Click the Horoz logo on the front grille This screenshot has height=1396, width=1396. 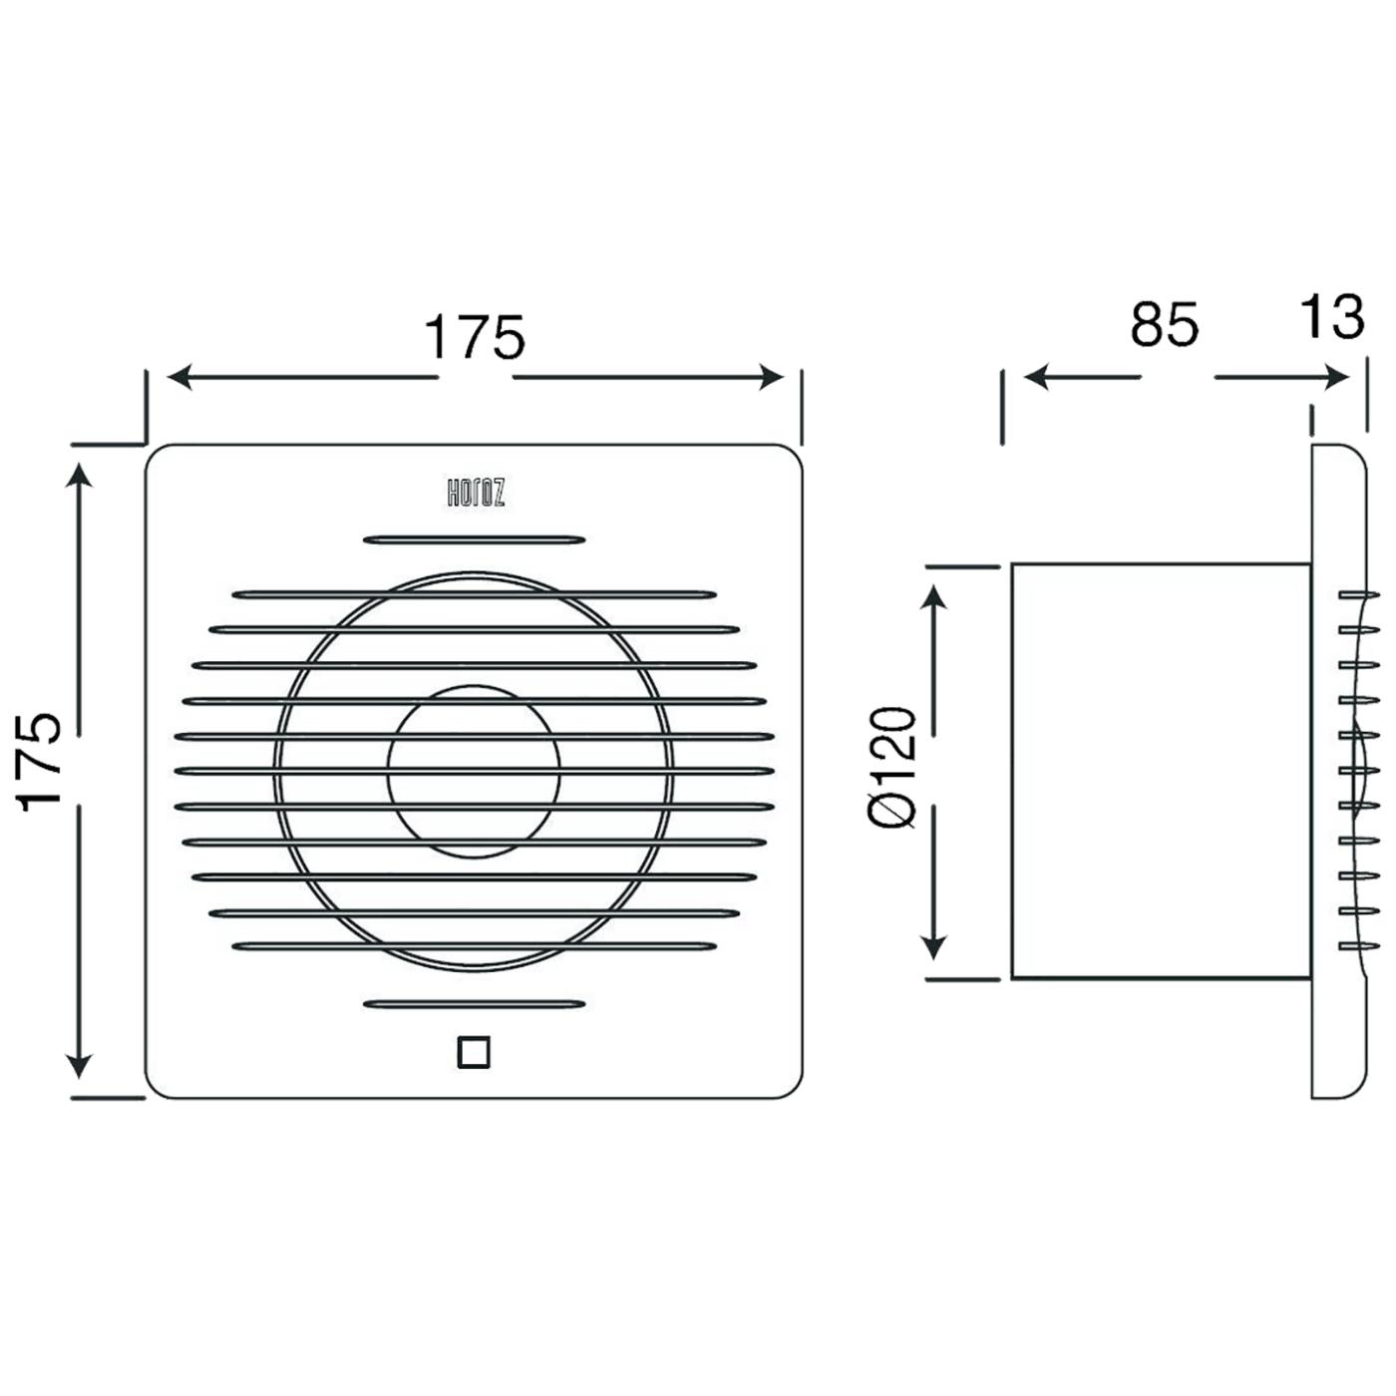point(476,494)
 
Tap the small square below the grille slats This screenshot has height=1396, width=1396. point(474,1052)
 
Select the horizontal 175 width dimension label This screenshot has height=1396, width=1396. point(475,338)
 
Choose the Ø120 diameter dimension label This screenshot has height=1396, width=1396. point(892,767)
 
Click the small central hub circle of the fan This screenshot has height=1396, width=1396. point(475,772)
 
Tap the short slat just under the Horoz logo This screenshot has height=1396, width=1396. point(475,539)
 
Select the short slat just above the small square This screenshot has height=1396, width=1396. point(475,1004)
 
